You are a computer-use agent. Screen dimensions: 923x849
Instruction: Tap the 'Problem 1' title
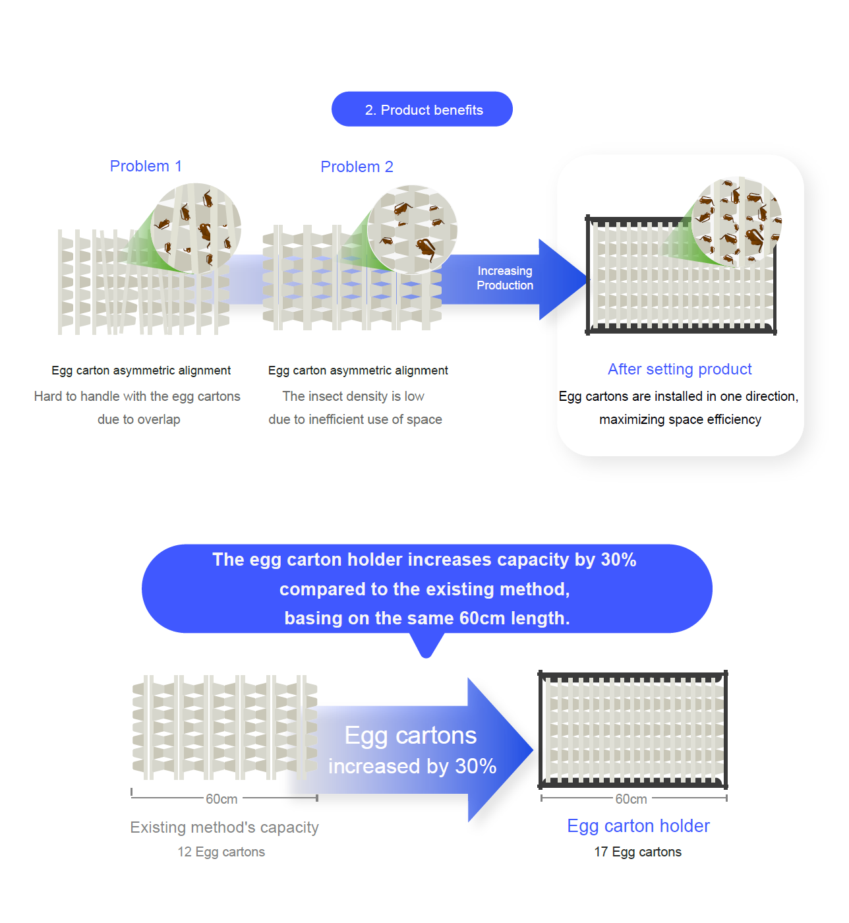[146, 166]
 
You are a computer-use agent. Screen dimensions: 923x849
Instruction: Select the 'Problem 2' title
[357, 167]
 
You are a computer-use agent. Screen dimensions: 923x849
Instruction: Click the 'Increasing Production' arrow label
[505, 278]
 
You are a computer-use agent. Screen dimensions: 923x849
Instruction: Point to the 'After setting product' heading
[680, 369]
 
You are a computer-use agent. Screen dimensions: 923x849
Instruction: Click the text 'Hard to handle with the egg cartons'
[137, 396]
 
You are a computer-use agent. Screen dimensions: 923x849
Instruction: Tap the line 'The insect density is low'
[353, 396]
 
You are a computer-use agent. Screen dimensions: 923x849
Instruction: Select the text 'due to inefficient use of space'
[355, 419]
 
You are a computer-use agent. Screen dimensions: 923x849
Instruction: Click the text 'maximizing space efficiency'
[680, 419]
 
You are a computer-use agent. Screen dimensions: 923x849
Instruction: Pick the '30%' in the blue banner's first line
[618, 560]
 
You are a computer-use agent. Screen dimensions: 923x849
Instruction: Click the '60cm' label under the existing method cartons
[221, 799]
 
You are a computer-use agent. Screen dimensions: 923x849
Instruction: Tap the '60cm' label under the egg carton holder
[631, 799]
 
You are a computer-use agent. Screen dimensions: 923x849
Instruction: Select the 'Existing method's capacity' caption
[224, 827]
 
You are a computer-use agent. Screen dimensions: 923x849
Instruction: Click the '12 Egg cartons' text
[221, 852]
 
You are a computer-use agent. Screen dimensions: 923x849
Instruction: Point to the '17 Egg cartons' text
[637, 852]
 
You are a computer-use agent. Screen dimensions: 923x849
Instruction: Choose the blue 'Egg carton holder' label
[638, 826]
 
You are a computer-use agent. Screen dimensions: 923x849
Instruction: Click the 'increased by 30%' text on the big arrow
[413, 766]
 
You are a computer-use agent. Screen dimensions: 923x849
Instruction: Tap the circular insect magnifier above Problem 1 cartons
[196, 228]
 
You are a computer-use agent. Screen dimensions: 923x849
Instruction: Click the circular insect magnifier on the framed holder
[736, 222]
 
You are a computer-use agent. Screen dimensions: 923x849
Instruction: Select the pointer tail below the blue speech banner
[426, 646]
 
